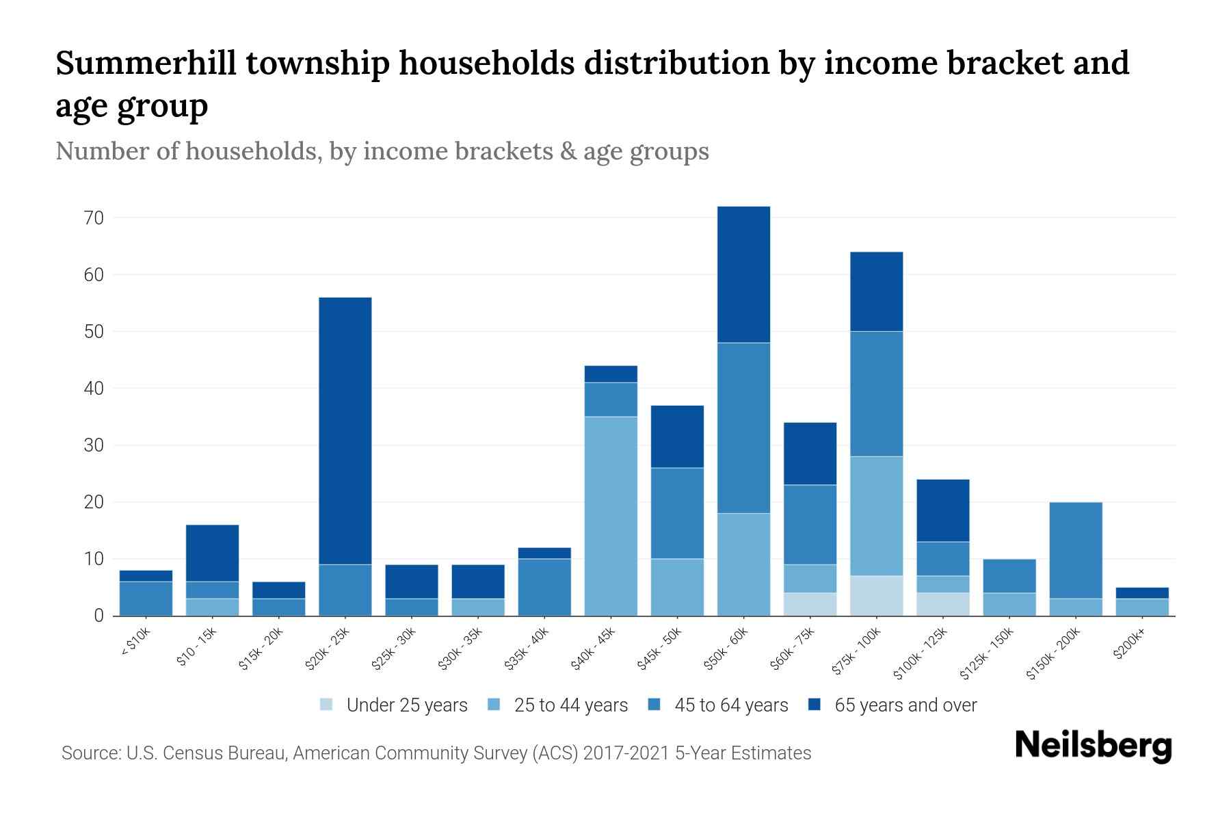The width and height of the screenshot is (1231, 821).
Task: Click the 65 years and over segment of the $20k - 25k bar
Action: pyautogui.click(x=345, y=431)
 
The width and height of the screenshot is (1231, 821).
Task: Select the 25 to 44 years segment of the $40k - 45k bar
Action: pyautogui.click(x=611, y=516)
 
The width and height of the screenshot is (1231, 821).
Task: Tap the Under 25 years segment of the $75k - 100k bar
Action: pyautogui.click(x=876, y=596)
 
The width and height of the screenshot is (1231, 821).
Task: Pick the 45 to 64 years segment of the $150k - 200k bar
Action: pyautogui.click(x=1076, y=551)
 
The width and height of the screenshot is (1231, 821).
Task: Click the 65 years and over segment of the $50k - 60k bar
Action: pyautogui.click(x=743, y=274)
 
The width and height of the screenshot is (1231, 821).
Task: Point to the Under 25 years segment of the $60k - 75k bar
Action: pyautogui.click(x=810, y=604)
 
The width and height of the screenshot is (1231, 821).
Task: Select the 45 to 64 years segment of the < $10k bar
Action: pyautogui.click(x=146, y=599)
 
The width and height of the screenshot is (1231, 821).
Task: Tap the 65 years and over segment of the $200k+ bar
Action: pyautogui.click(x=1142, y=593)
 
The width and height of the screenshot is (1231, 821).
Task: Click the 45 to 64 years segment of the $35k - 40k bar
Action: pyautogui.click(x=544, y=587)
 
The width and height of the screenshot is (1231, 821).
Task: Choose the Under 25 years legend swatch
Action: pyautogui.click(x=326, y=705)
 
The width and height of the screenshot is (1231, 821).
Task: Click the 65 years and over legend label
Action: pyautogui.click(x=905, y=705)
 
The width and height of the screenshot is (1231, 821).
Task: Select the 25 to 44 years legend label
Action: pyautogui.click(x=570, y=705)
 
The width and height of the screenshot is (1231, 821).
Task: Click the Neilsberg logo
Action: pyautogui.click(x=1093, y=746)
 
